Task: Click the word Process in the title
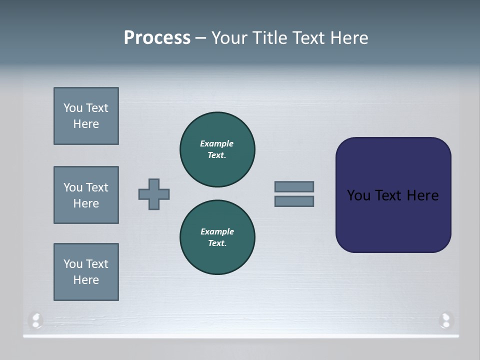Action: pos(157,38)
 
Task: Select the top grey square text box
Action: pos(86,116)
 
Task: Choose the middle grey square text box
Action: pos(86,195)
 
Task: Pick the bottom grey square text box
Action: pos(86,272)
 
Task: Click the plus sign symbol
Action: pos(154,194)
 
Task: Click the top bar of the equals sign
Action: pos(294,186)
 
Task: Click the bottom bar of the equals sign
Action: pos(294,201)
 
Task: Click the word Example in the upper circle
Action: pos(216,143)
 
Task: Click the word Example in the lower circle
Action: pos(217,231)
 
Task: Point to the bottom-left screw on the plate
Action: pos(36,320)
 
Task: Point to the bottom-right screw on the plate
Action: pos(445,320)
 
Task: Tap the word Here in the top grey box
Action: pos(86,124)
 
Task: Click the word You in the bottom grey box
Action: pos(73,264)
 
